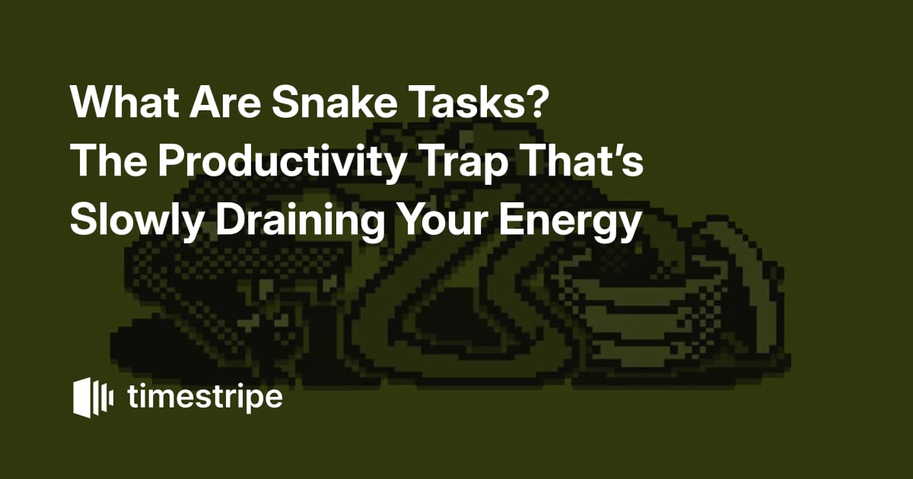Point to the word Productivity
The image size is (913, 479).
pos(281,161)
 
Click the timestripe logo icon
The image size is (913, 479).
pos(94,398)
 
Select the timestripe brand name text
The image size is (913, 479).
pos(205,398)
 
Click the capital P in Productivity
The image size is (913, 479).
pos(172,161)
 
